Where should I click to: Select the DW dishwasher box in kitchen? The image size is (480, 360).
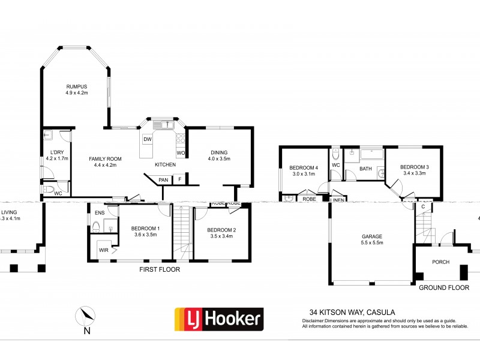coord(147,140)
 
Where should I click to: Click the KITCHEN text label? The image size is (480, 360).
coord(166,164)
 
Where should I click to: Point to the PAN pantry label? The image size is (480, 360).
coord(163,179)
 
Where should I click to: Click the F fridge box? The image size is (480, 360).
coord(179,179)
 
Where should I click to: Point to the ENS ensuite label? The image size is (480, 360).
coord(97,212)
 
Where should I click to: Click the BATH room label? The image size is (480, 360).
coord(365,169)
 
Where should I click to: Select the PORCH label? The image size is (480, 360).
coord(440,262)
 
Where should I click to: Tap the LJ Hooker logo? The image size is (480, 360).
coord(218,319)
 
